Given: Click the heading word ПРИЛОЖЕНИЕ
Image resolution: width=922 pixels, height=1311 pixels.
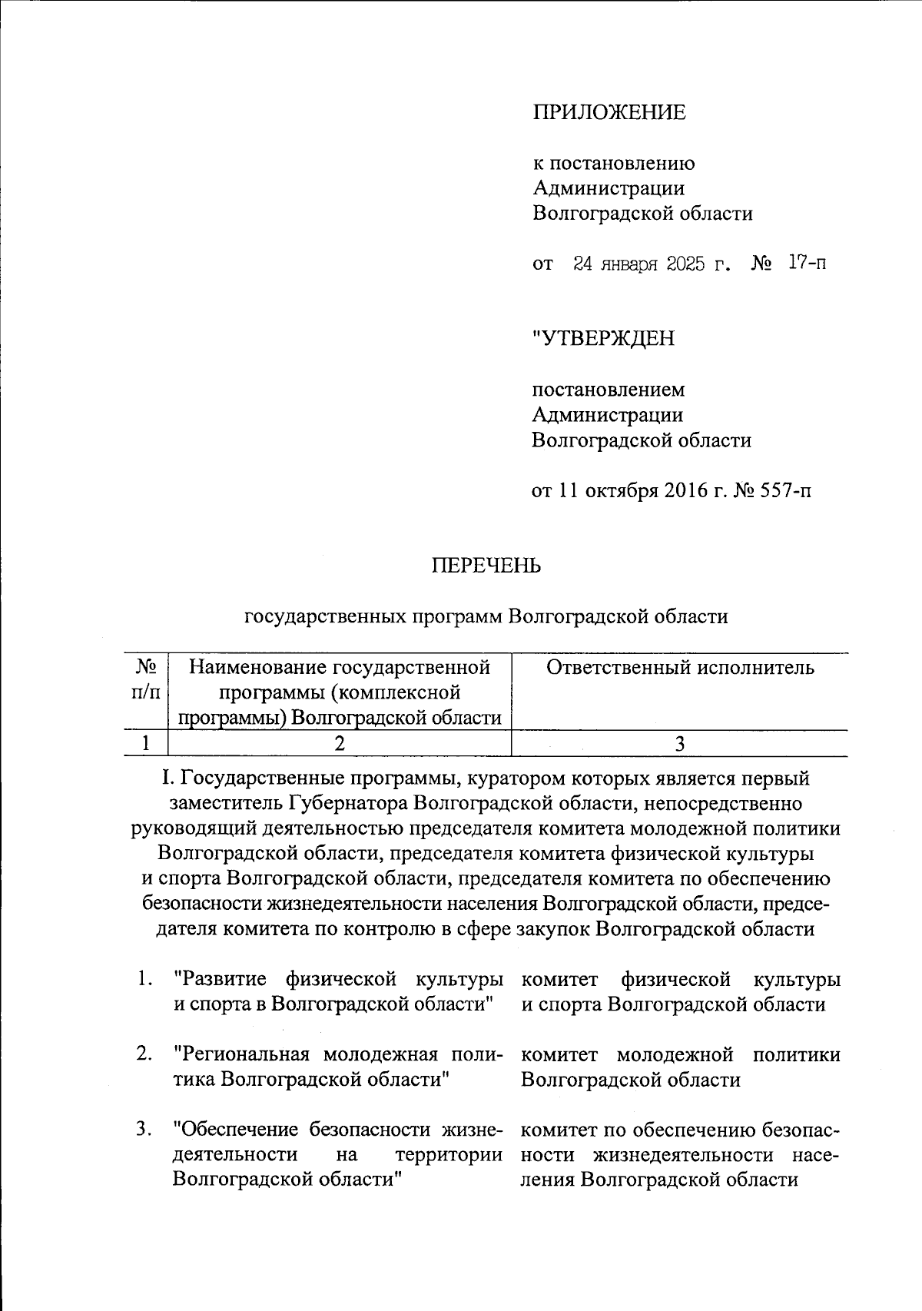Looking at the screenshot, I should pyautogui.click(x=609, y=113).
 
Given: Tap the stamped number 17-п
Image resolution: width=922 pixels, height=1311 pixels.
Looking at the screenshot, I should pyautogui.click(x=807, y=264).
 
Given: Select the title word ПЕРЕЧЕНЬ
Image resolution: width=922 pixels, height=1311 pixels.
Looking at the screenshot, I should pyautogui.click(x=486, y=566).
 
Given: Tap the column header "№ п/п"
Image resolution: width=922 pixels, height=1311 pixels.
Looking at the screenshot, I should pyautogui.click(x=145, y=679).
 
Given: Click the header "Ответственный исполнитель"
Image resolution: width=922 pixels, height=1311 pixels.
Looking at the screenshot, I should pyautogui.click(x=680, y=667).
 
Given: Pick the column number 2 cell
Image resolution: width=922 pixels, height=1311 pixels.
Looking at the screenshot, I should pyautogui.click(x=339, y=743).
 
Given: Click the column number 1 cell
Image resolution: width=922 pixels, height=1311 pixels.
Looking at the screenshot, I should pyautogui.click(x=145, y=743).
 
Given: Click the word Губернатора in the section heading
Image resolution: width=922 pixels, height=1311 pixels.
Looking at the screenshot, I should pyautogui.click(x=347, y=804).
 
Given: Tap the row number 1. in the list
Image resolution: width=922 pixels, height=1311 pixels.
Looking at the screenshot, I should pyautogui.click(x=144, y=979).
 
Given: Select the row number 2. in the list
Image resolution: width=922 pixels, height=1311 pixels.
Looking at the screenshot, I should pyautogui.click(x=144, y=1054).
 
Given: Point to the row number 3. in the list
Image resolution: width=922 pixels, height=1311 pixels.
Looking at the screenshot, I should pyautogui.click(x=144, y=1130).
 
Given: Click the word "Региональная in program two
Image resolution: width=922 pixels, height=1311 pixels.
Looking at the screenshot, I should pyautogui.click(x=241, y=1054).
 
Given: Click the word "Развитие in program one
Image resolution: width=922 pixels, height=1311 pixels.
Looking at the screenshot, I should pyautogui.click(x=221, y=979).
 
